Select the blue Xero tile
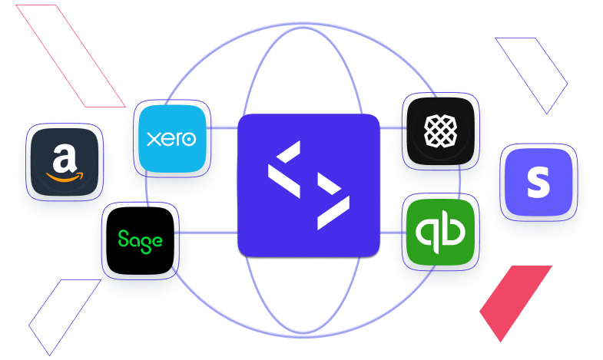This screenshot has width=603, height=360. [x=171, y=138]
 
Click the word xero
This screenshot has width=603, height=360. [x=171, y=139]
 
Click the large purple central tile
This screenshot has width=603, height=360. [x=309, y=185]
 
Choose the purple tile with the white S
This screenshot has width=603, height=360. [x=538, y=182]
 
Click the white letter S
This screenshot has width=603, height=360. [x=538, y=183]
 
